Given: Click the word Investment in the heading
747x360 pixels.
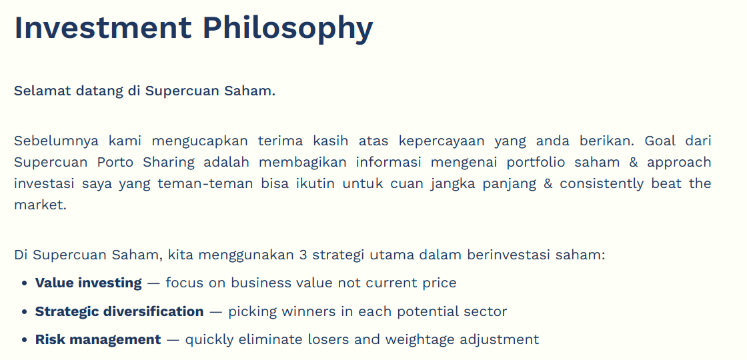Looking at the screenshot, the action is (103, 27).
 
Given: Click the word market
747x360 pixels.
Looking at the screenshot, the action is (40, 205).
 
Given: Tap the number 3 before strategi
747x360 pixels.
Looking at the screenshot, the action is (303, 255).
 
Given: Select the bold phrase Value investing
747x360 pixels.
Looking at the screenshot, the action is (89, 283).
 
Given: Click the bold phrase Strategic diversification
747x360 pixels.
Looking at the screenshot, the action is (119, 312).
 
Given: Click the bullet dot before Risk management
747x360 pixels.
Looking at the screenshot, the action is (25, 341).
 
